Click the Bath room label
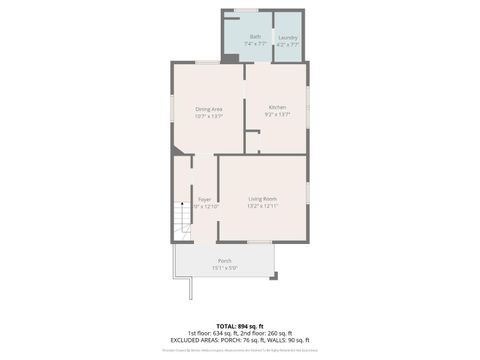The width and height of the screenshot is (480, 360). coord(255,36)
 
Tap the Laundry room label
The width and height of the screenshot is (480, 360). coord(287,37)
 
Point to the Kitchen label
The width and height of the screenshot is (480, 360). coord(277,107)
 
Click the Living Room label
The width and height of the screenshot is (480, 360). coord(262,199)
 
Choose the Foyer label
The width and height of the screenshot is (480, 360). coord(204,199)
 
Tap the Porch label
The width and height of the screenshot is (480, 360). coord(224,261)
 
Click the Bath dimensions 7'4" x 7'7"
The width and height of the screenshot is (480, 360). coord(255,44)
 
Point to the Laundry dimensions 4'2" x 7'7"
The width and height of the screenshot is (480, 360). coord(287,44)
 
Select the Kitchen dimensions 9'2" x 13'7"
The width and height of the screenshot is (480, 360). coord(277,115)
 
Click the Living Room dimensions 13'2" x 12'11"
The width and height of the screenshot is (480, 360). coord(262,206)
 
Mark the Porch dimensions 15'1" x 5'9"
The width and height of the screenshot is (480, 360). coord(224,268)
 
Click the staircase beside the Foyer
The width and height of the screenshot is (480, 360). coord(181,218)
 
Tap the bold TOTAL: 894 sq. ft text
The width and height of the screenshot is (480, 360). coord(239,326)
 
